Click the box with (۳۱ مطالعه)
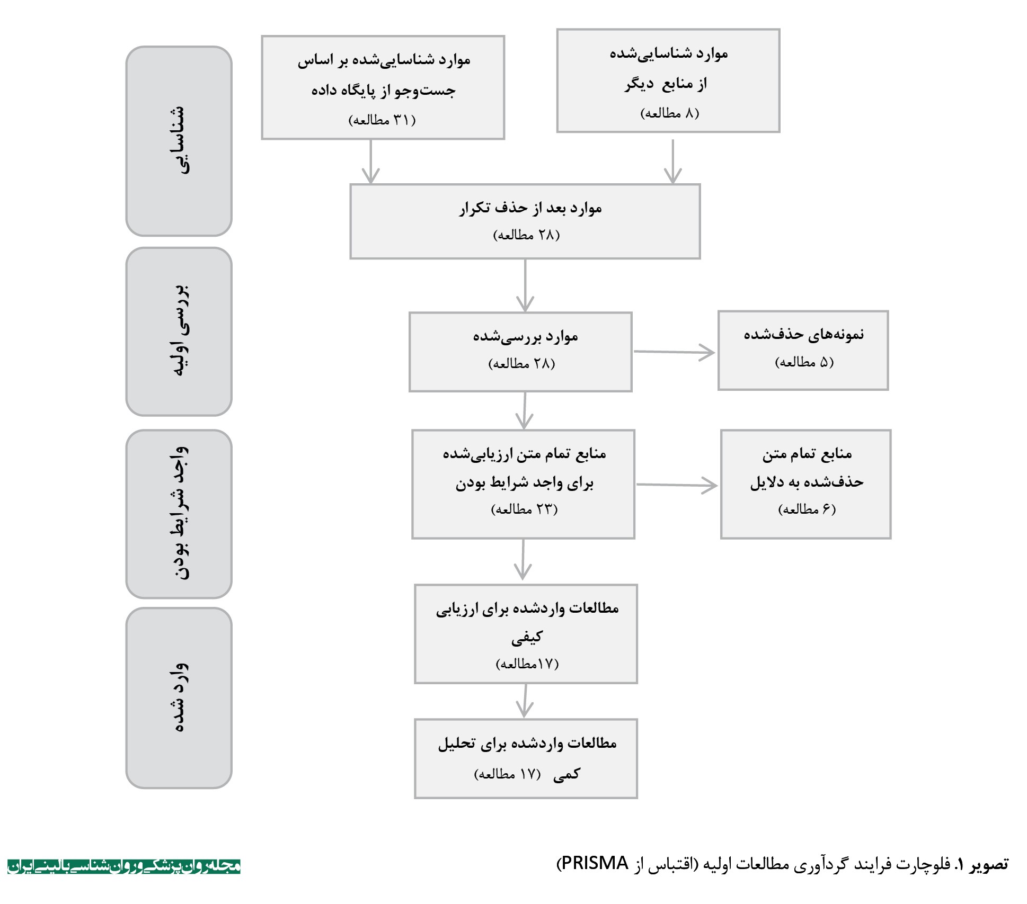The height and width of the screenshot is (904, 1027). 383,87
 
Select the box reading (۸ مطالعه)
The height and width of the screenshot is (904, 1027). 668,80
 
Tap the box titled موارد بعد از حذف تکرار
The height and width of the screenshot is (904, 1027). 525,221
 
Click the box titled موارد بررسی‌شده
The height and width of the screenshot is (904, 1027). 520,352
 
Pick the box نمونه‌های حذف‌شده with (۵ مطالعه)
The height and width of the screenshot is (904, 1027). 803,351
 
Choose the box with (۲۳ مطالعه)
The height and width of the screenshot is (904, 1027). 523,484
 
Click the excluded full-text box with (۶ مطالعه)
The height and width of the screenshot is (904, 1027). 805,484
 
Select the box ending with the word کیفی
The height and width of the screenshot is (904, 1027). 526,634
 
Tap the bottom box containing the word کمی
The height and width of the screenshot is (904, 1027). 526,758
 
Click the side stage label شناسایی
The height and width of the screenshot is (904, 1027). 179,141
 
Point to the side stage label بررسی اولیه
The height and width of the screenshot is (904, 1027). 179,332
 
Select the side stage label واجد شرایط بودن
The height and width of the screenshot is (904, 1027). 179,514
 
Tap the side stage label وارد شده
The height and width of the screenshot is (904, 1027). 179,698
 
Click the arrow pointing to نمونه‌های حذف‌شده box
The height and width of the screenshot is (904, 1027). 674,352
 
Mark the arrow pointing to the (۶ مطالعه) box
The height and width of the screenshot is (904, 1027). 677,485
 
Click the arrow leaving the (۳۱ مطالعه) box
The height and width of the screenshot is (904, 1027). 370,162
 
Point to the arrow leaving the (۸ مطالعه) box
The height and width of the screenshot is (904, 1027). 672,162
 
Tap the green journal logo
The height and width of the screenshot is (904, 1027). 124,866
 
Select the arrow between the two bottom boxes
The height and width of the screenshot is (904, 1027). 525,701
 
